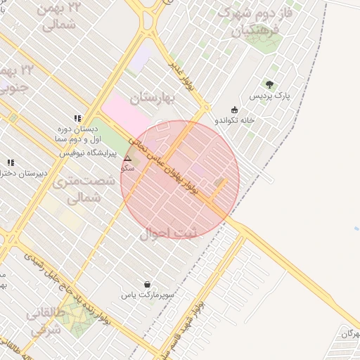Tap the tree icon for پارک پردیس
point(270,84)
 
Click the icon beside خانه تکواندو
point(234,109)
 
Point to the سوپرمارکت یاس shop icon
point(146,284)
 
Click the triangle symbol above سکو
point(127,159)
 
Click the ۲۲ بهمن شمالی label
point(60,18)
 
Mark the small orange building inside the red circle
point(220,183)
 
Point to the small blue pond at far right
point(357,229)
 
